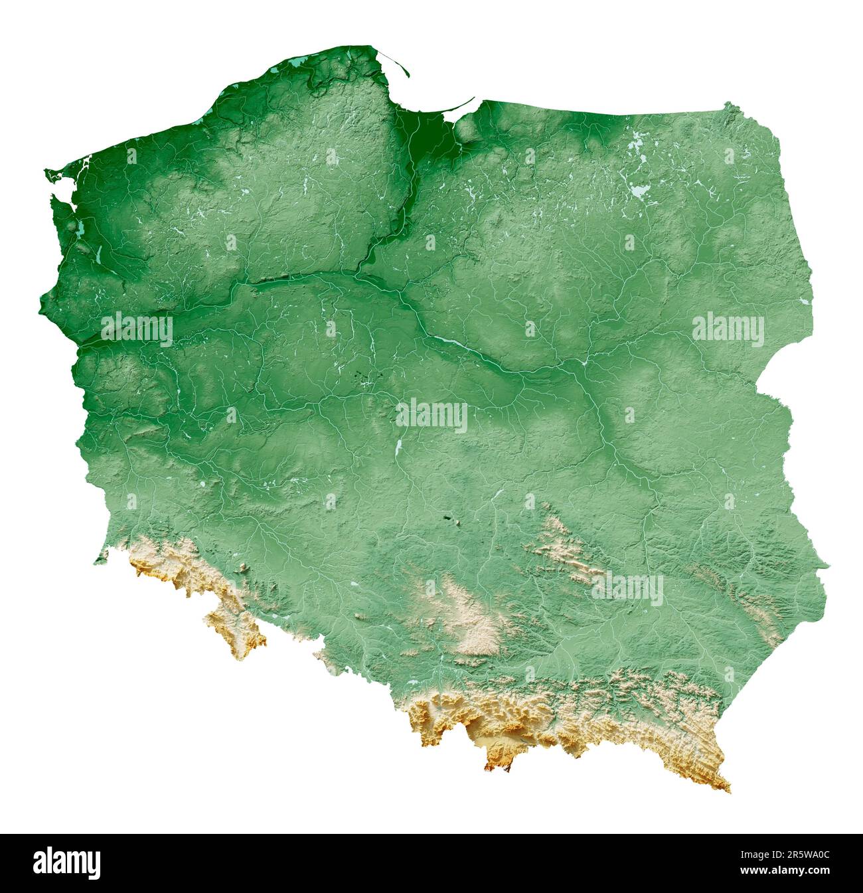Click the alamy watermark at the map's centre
[431, 417]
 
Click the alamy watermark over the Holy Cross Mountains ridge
[627, 589]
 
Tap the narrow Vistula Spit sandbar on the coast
[458, 110]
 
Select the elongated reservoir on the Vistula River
[451, 343]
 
